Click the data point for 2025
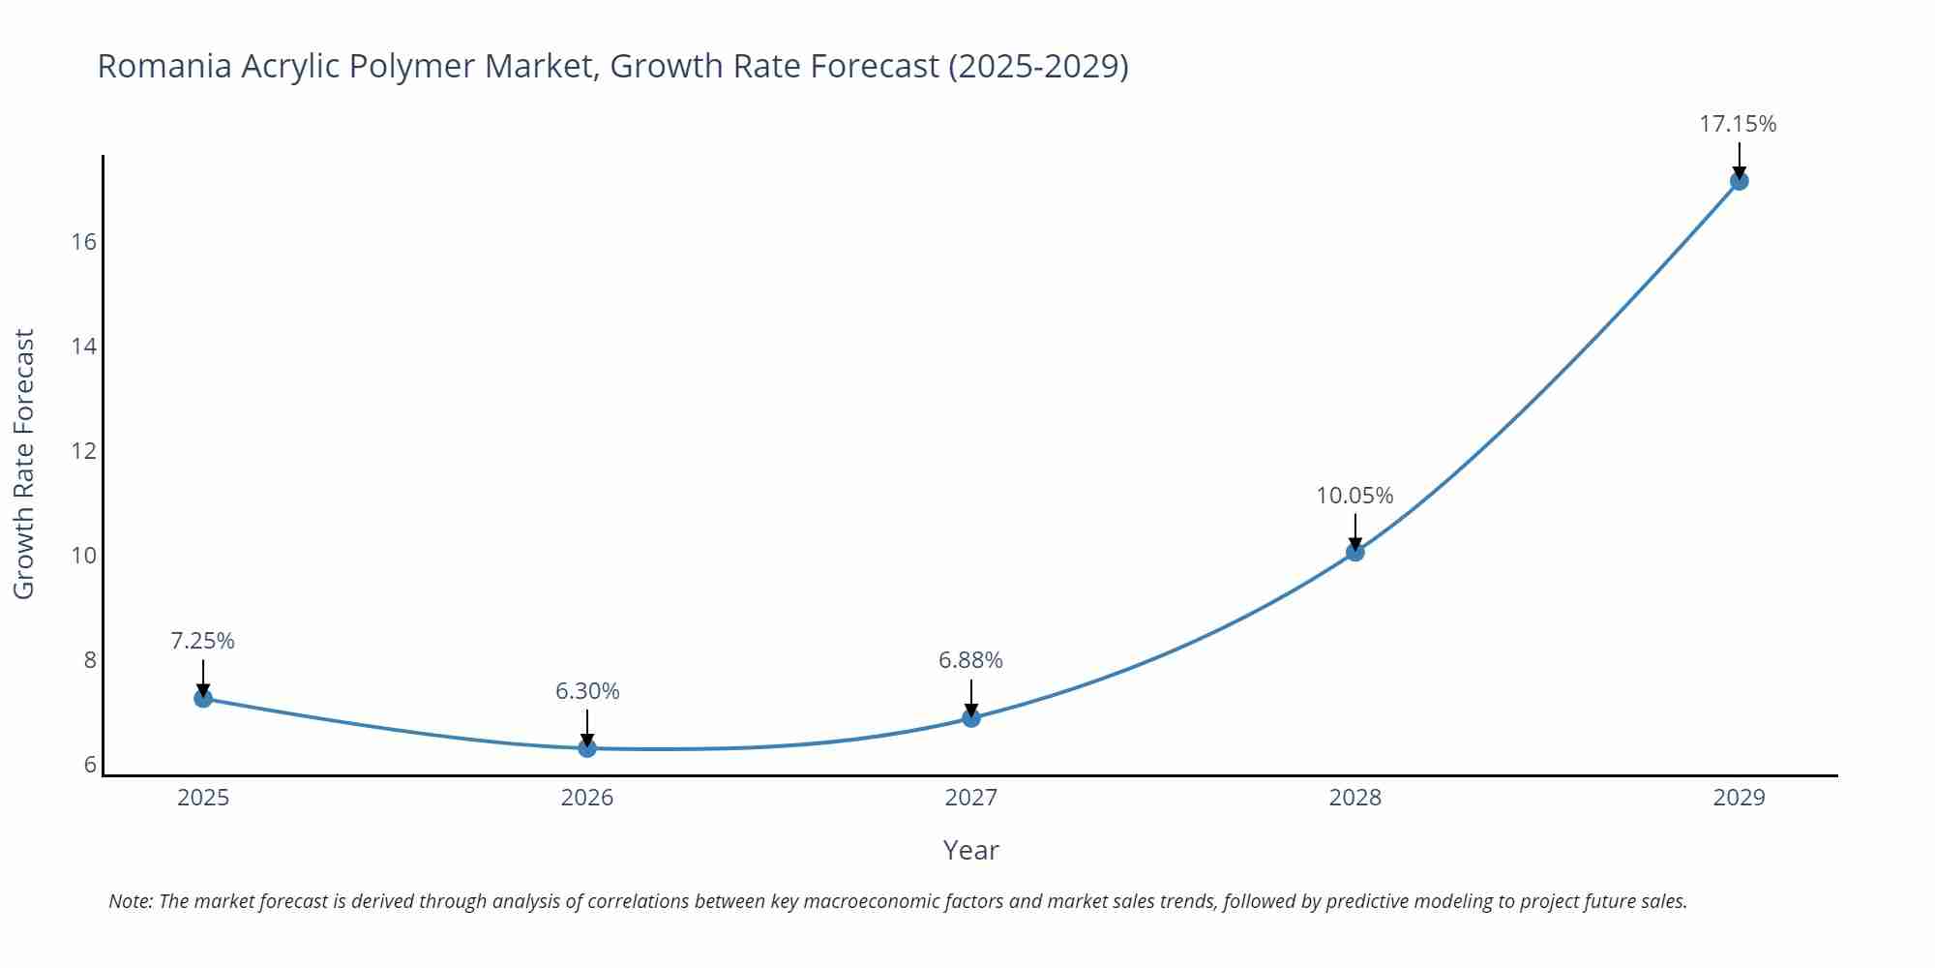pos(203,698)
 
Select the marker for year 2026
pos(587,747)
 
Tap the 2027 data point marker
pos(971,717)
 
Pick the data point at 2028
pos(1354,552)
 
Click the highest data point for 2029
pos(1739,181)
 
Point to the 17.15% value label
pos(1738,124)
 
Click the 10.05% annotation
pos(1354,496)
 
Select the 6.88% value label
pos(970,660)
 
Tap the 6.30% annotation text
pos(587,691)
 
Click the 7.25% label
pos(203,641)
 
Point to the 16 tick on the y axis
pos(84,242)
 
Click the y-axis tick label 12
pos(84,451)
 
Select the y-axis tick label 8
pos(90,660)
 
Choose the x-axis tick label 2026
pos(587,798)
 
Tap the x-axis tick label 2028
pos(1354,798)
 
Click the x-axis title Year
pos(970,850)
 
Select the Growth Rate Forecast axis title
pos(24,464)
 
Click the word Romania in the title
pos(164,66)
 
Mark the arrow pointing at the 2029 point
pos(1739,160)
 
